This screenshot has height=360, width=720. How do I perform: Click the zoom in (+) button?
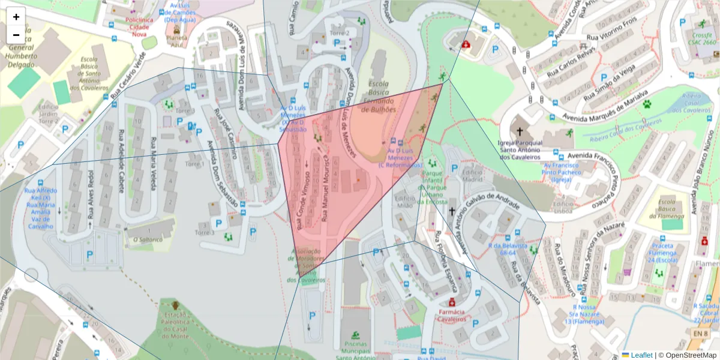16,17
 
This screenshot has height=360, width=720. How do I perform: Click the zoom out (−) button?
16,35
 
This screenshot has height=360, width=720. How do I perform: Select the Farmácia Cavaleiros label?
451,316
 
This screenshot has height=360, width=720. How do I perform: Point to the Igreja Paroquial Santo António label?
520,150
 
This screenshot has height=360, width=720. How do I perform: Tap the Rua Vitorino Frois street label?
611,37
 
